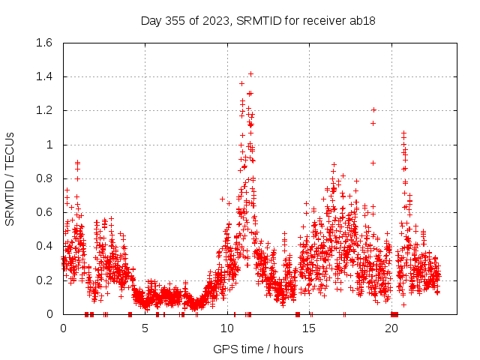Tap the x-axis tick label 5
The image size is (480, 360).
pos(145,328)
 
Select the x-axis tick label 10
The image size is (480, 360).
pos(227,328)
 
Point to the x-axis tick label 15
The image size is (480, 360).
pos(310,328)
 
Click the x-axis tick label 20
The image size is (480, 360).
pos(392,328)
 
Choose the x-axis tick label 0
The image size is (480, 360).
pos(63,328)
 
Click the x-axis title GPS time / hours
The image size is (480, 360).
pos(258,349)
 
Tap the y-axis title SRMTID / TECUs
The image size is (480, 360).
pos(10,178)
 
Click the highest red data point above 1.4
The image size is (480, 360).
pos(250,73)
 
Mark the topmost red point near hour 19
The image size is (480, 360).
pos(373,110)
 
